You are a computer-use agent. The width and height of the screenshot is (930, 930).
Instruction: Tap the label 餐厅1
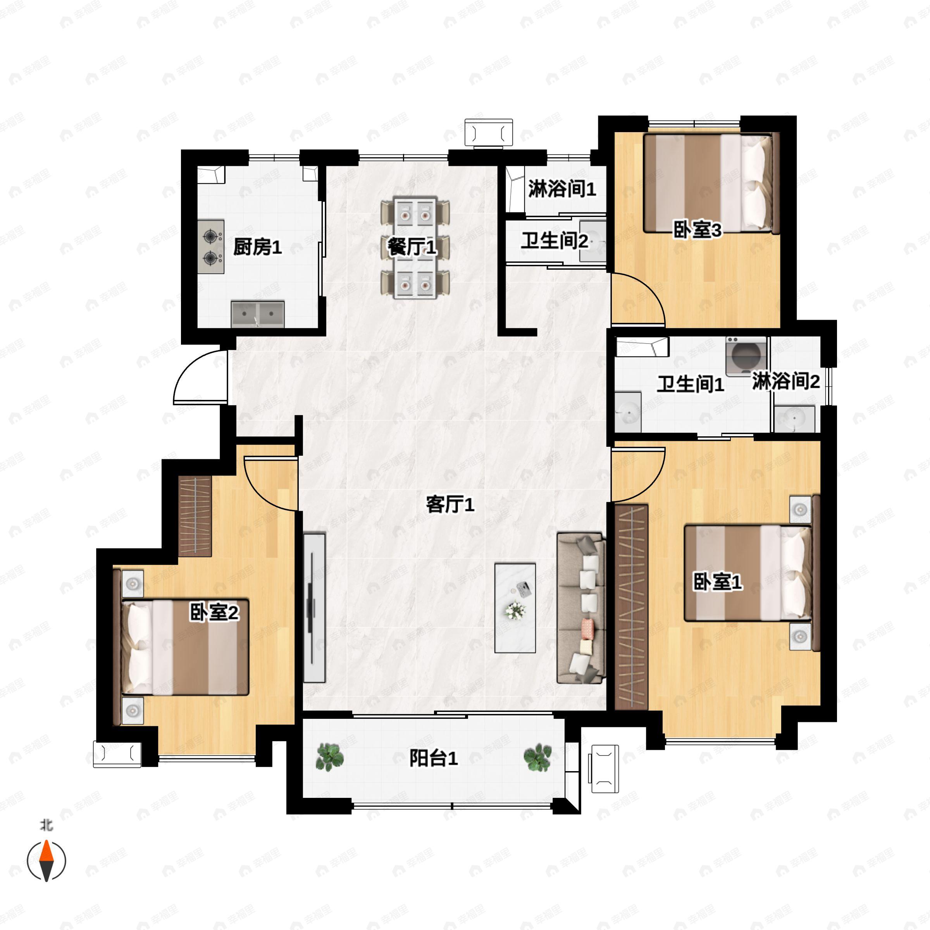pyautogui.click(x=412, y=248)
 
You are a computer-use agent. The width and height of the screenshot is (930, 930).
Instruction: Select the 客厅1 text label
pyautogui.click(x=450, y=505)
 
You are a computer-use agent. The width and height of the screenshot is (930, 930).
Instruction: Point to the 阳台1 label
pyautogui.click(x=433, y=759)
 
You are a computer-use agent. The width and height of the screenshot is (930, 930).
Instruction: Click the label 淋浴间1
pyautogui.click(x=562, y=189)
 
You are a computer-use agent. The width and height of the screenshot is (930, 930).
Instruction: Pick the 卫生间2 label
pyautogui.click(x=554, y=241)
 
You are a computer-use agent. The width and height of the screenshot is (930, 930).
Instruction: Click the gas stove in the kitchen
pyautogui.click(x=211, y=247)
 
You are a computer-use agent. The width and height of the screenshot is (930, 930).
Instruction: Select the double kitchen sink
pyautogui.click(x=258, y=314)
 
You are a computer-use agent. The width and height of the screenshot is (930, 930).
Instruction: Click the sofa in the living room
pyautogui.click(x=580, y=608)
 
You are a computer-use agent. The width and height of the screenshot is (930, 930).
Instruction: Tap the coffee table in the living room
pyautogui.click(x=515, y=608)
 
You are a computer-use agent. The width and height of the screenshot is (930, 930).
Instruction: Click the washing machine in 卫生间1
pyautogui.click(x=746, y=356)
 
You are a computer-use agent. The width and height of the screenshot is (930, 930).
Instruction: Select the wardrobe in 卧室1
pyautogui.click(x=631, y=606)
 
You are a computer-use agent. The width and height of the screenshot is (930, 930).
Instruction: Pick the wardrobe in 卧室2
pyautogui.click(x=195, y=517)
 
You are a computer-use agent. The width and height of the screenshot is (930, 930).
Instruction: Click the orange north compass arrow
pyautogui.click(x=46, y=852)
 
